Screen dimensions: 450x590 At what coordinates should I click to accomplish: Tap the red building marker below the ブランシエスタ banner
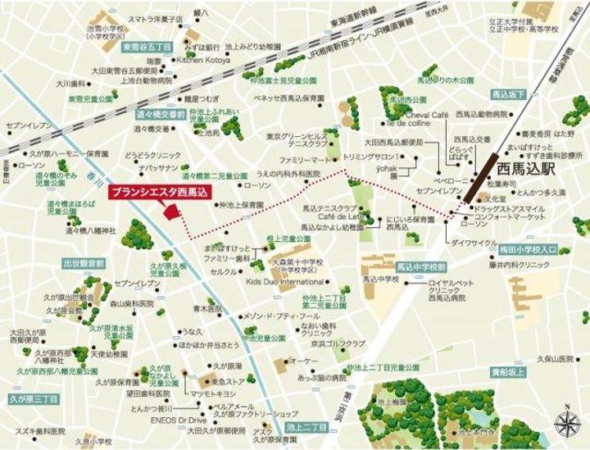(x=171, y=211)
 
